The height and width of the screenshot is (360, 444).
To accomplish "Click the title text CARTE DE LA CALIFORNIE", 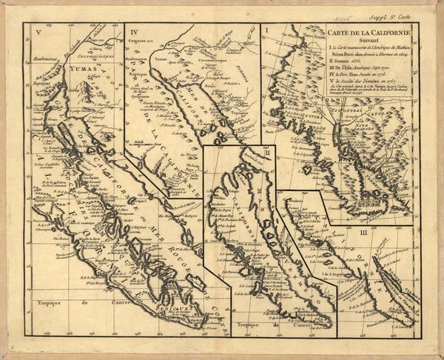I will click(366, 33).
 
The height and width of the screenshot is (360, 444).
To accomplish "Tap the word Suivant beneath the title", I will click(366, 41).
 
